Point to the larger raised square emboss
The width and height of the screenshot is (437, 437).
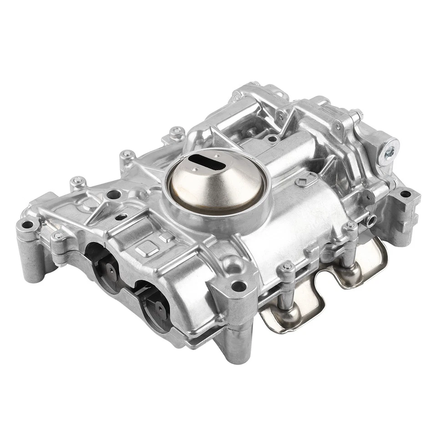pyautogui.click(x=147, y=249)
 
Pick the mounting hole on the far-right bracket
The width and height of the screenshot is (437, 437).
pyautogui.click(x=404, y=194)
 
